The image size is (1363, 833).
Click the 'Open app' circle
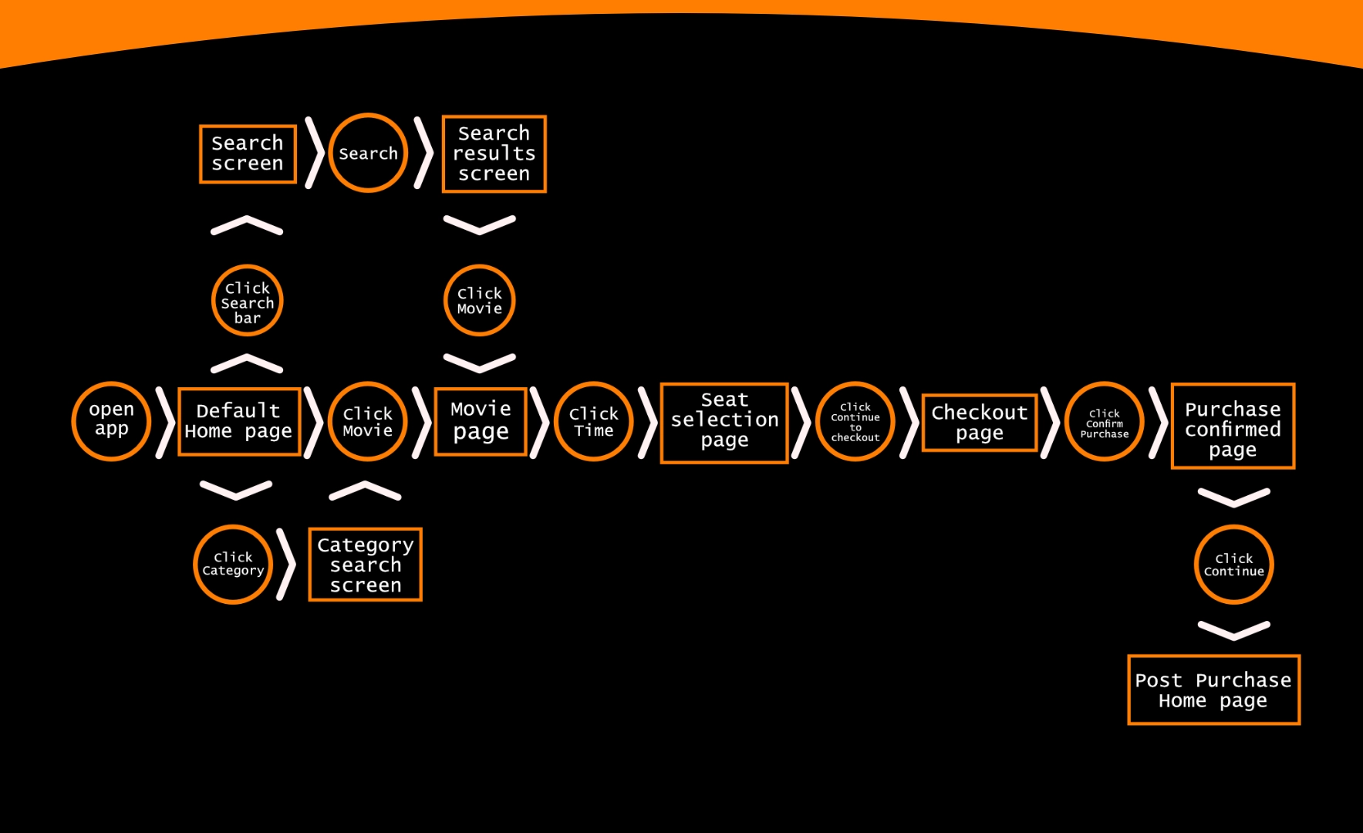tap(111, 421)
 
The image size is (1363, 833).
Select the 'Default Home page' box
tap(239, 422)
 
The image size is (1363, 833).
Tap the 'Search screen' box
tap(248, 154)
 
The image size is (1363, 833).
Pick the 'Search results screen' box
tap(494, 154)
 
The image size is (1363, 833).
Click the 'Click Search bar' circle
tap(247, 301)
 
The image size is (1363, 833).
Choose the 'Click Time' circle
tap(593, 422)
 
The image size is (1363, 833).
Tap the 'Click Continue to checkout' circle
tap(855, 422)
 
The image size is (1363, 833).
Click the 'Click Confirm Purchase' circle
tap(1104, 422)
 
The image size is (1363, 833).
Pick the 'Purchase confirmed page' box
tap(1233, 426)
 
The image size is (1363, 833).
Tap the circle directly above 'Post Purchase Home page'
tap(1233, 565)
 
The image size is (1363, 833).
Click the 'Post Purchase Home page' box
tap(1213, 690)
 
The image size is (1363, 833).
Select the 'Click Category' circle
tap(233, 565)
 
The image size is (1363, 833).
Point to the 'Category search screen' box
tap(365, 565)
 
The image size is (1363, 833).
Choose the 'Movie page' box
tap(481, 422)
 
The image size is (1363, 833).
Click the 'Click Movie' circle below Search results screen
tap(479, 301)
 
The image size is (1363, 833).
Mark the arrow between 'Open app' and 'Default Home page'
tap(164, 423)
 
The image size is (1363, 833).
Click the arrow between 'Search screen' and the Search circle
tap(313, 153)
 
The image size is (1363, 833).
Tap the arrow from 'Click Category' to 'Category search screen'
tap(286, 565)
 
